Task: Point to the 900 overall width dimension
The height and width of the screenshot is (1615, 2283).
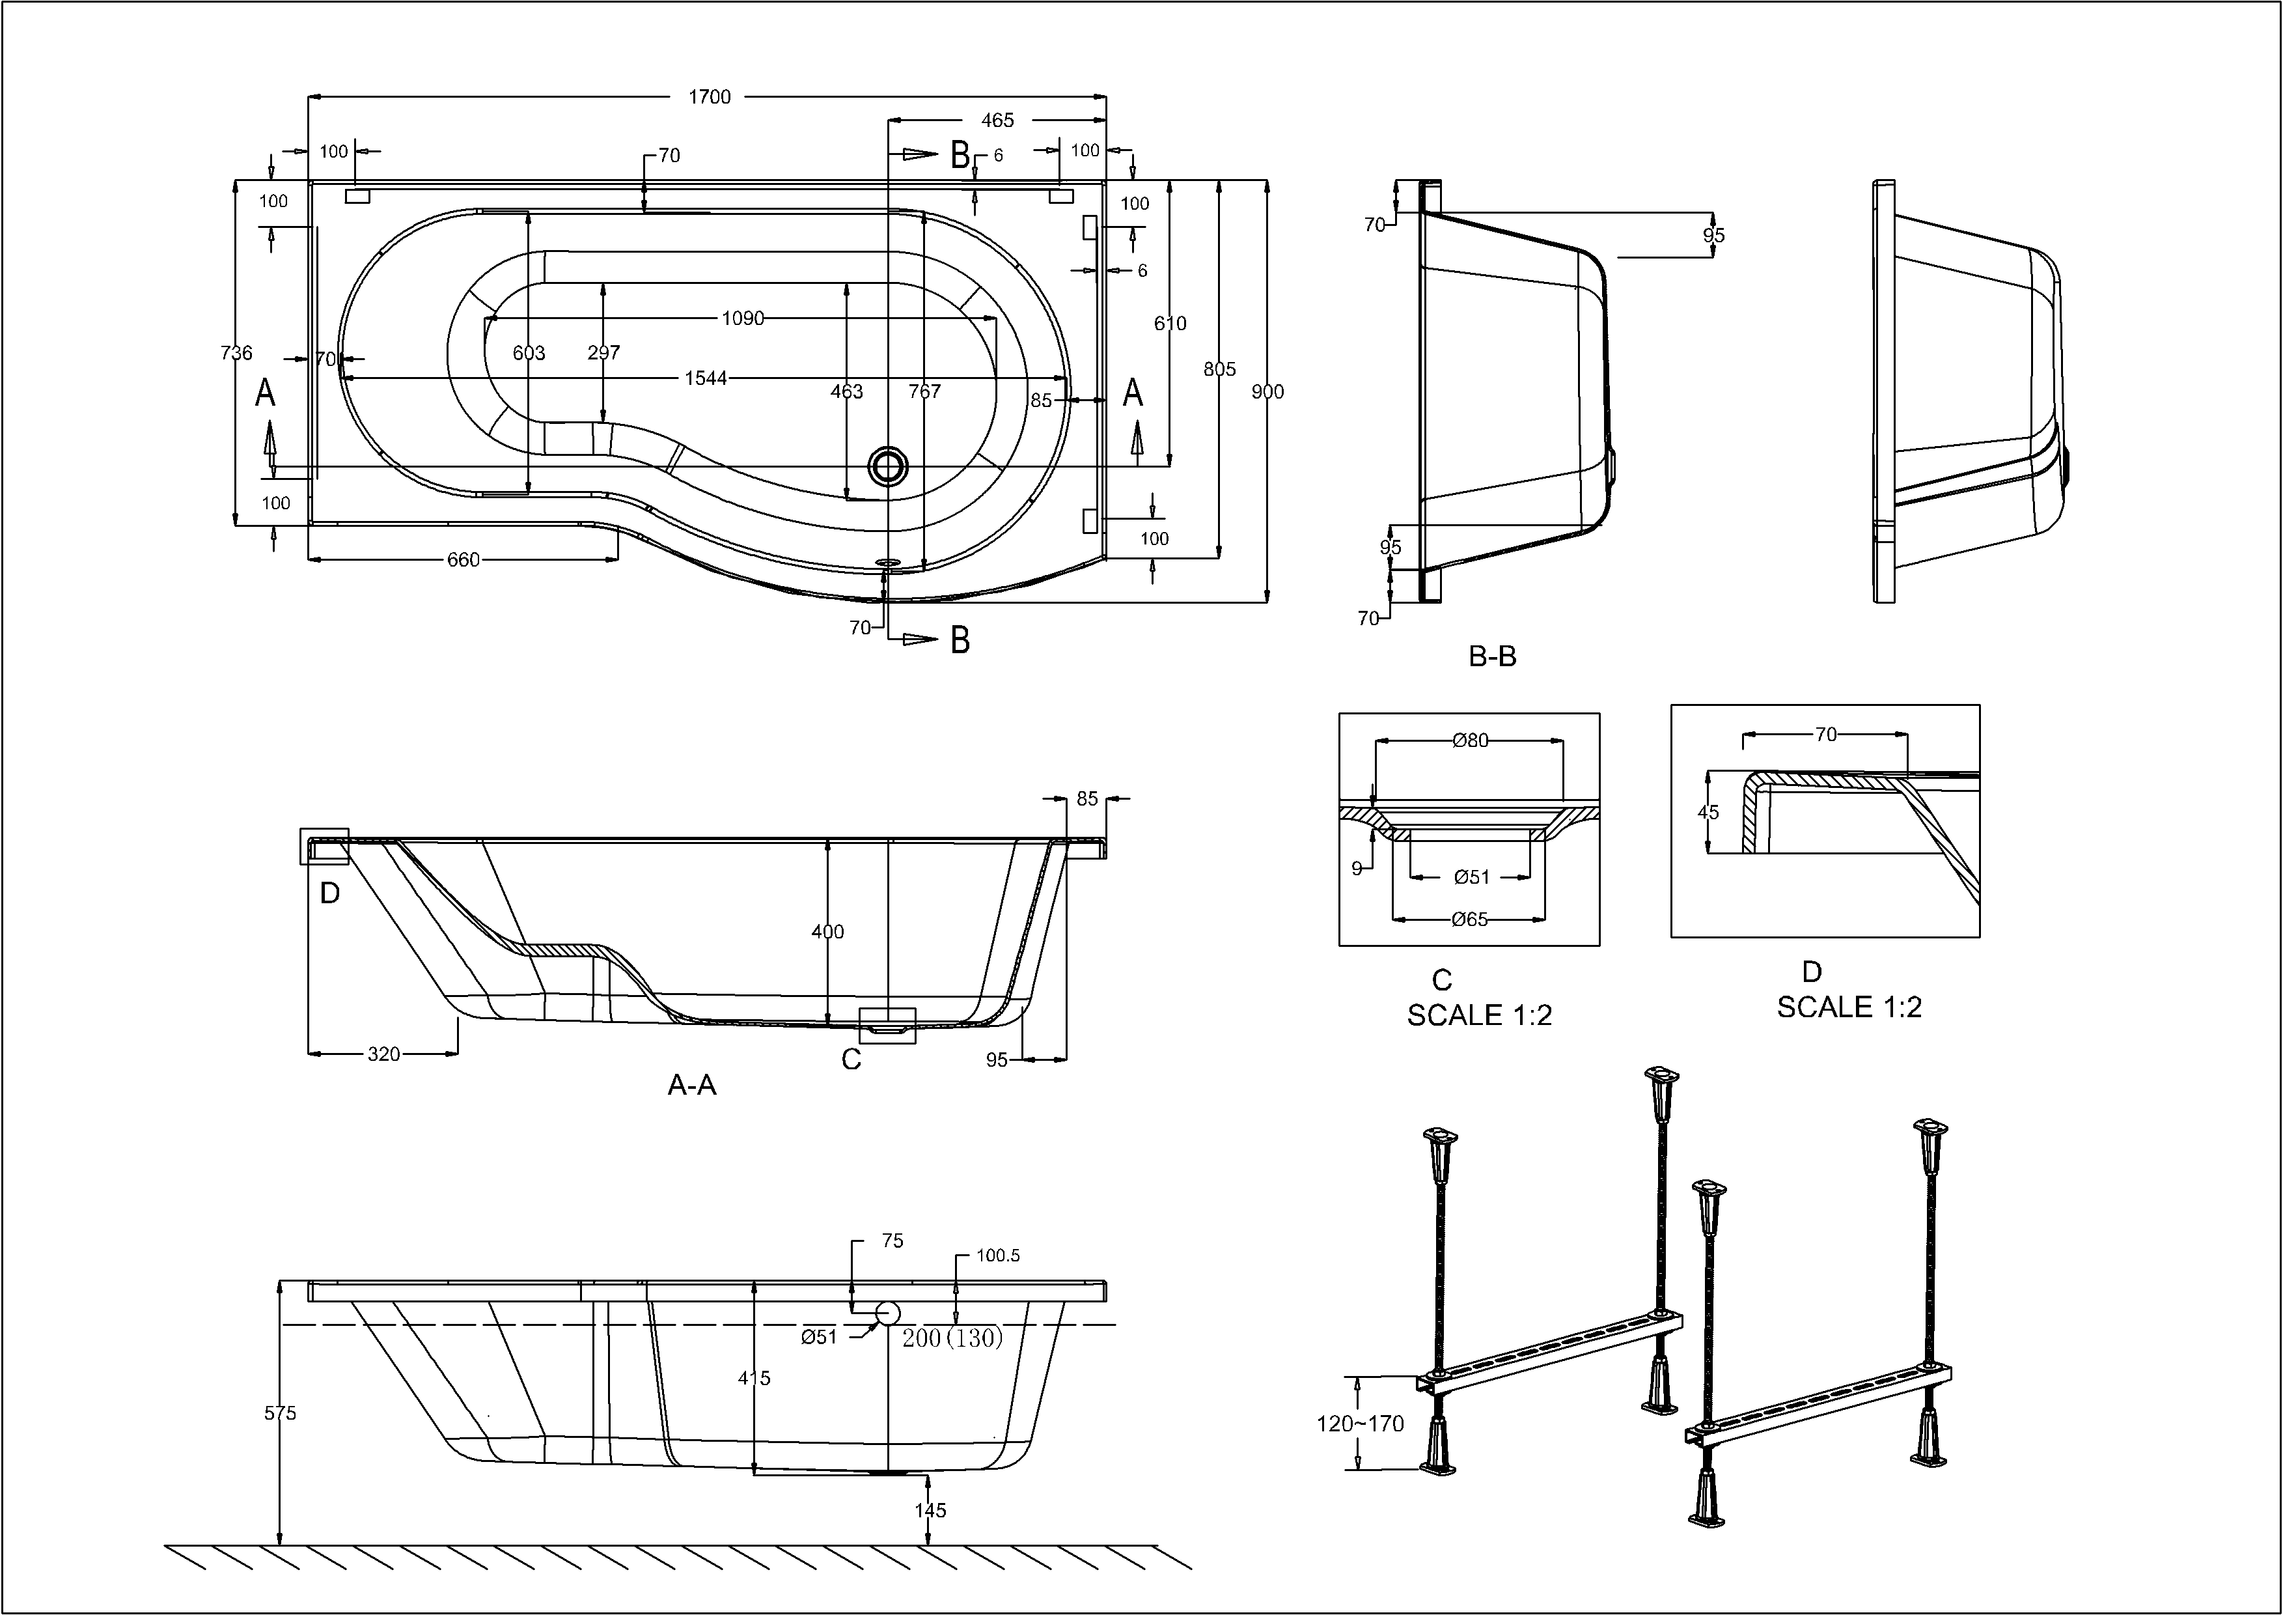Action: click(x=1267, y=392)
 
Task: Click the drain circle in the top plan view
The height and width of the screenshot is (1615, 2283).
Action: click(x=887, y=464)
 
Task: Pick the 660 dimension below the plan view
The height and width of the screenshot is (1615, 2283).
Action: click(x=464, y=560)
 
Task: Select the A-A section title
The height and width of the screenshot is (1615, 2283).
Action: click(x=691, y=1085)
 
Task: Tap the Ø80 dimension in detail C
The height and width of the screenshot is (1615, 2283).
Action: click(x=1470, y=740)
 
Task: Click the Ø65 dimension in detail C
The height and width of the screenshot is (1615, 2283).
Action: click(x=1470, y=919)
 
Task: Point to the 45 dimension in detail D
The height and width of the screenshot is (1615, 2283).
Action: click(x=1708, y=813)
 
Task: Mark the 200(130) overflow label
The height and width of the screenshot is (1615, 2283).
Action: click(x=952, y=1338)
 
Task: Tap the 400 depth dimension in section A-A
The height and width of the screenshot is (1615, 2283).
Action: click(x=827, y=932)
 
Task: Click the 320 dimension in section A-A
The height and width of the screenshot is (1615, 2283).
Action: click(x=384, y=1054)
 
